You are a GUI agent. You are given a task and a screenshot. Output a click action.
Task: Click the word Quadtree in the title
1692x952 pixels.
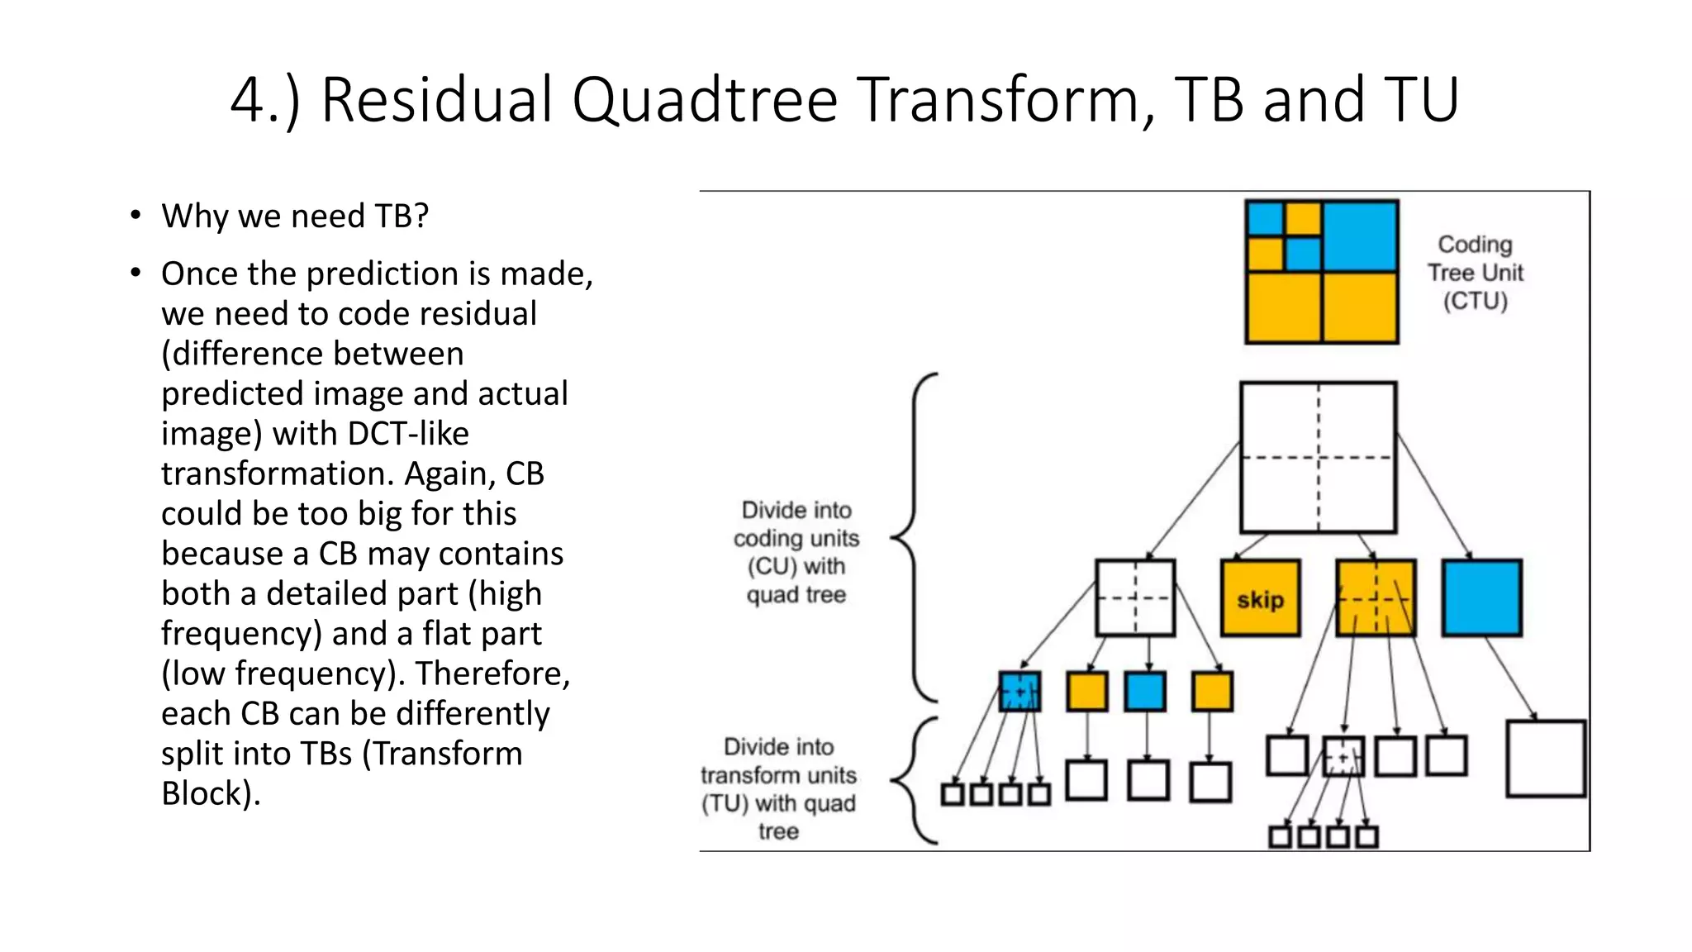(x=704, y=101)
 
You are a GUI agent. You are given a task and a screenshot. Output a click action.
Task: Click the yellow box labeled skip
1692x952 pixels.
(x=1260, y=598)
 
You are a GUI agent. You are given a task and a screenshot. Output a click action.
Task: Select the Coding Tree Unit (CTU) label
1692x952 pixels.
(x=1475, y=273)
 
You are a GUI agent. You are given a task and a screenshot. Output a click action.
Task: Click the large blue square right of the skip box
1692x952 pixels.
(x=1481, y=598)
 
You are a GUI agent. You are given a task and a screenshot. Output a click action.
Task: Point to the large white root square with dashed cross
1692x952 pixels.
(x=1318, y=457)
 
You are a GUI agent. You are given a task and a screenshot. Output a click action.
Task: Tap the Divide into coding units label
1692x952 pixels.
(x=796, y=552)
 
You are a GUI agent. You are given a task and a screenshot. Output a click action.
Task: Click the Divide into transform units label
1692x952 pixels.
(x=778, y=788)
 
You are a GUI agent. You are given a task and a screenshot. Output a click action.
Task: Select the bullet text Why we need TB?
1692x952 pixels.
(x=295, y=217)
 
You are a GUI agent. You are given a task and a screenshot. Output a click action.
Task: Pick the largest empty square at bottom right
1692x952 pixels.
(x=1545, y=759)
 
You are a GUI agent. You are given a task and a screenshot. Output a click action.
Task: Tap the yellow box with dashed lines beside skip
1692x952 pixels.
(x=1375, y=598)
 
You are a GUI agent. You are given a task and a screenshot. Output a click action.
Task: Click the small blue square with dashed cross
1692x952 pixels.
(x=1019, y=692)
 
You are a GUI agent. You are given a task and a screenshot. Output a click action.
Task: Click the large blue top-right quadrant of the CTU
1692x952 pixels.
(x=1360, y=236)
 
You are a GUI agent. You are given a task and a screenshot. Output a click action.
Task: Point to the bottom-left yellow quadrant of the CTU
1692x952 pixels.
(x=1283, y=307)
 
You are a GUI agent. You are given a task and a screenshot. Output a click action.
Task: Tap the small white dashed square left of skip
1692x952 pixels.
(x=1135, y=598)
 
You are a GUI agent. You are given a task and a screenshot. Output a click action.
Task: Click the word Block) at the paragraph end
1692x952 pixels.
(x=210, y=793)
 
